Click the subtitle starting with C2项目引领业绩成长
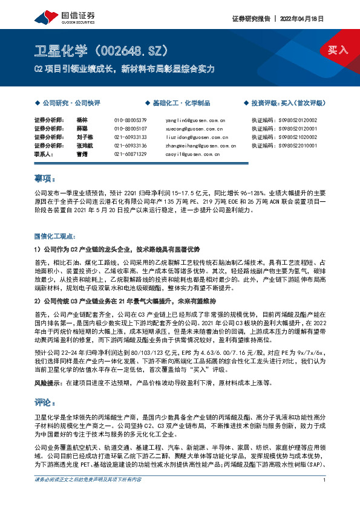coord(124,69)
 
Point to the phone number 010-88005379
coord(131,120)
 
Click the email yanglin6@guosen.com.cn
coord(195,120)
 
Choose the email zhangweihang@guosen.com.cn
coord(200,146)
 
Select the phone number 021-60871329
coord(131,154)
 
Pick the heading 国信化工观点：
coord(56,235)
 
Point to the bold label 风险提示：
coord(49,366)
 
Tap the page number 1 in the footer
coord(325,497)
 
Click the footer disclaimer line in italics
coord(88,497)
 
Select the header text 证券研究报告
coord(250,18)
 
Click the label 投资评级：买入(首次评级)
coord(288,103)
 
